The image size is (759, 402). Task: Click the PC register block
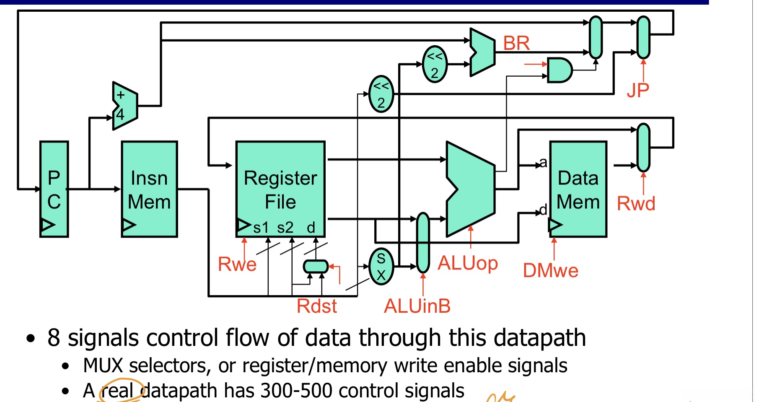[x=54, y=189]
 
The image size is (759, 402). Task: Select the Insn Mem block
[x=149, y=189]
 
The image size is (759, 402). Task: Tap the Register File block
[x=280, y=189]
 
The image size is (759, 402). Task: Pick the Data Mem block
[x=578, y=189]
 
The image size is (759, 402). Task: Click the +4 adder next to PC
[x=124, y=106]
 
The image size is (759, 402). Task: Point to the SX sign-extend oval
[x=381, y=266]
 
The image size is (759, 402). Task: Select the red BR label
[x=516, y=43]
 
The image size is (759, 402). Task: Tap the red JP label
[x=638, y=90]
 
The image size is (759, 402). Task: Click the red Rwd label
[x=636, y=203]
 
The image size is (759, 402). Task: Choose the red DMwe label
[x=550, y=270]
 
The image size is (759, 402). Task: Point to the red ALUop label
[x=468, y=264]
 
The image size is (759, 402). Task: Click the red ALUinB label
[x=417, y=306]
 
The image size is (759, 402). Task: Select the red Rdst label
[x=316, y=306]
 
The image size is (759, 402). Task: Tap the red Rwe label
[x=237, y=264]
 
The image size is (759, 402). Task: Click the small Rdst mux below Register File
[x=316, y=266]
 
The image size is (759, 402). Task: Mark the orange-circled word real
[x=118, y=391]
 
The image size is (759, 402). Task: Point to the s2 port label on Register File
[x=285, y=228]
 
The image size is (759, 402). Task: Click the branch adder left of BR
[x=482, y=52]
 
